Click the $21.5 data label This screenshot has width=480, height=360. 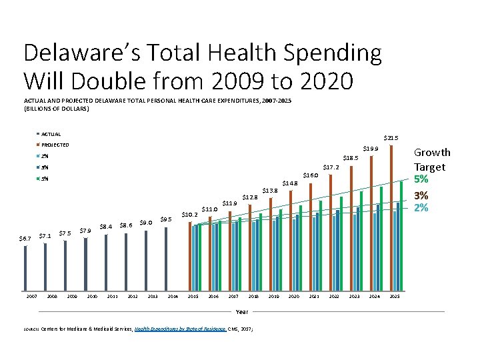click(x=390, y=138)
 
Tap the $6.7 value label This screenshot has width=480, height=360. click(x=25, y=238)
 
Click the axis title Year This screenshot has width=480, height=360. click(x=242, y=311)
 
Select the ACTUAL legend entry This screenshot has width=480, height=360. click(x=51, y=134)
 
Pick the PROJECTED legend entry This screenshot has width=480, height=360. click(x=55, y=145)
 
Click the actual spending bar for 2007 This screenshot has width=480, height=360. click(x=25, y=267)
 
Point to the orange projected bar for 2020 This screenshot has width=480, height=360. click(x=291, y=239)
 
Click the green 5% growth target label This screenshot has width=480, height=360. click(x=421, y=179)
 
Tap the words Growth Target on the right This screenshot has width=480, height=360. click(x=432, y=159)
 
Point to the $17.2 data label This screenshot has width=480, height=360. click(x=331, y=167)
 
